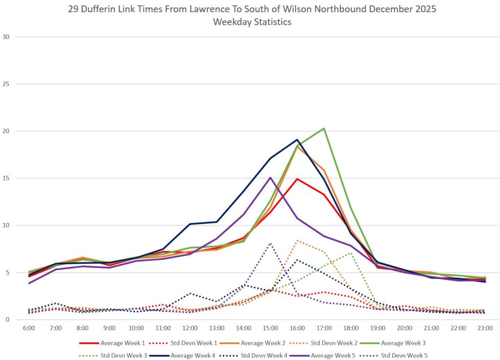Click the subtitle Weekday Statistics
coord(250,21)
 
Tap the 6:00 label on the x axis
coord(29,328)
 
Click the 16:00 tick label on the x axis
coord(297,328)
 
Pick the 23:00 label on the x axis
coord(485,328)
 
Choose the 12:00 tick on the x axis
coord(190,328)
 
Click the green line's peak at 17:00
coord(324,128)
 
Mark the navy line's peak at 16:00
coord(297,140)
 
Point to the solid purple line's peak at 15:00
coord(271,178)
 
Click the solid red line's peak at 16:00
coord(297,179)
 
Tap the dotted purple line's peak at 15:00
coord(271,243)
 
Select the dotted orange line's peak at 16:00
coord(297,240)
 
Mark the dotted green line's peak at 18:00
coord(351,253)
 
